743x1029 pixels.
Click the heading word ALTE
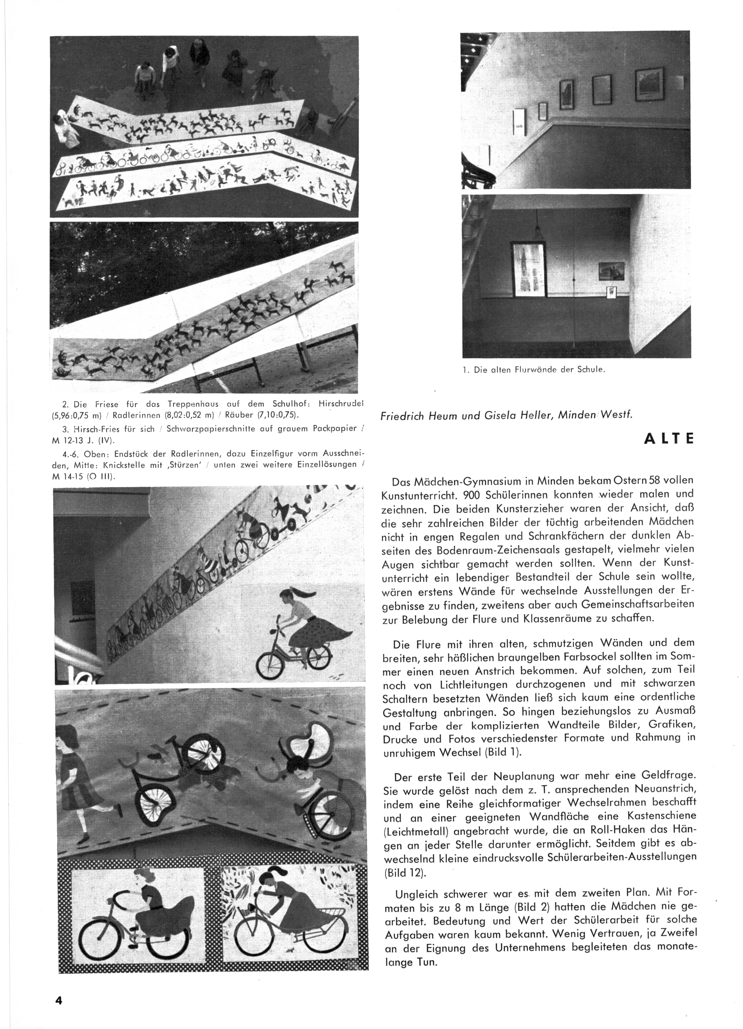pyautogui.click(x=669, y=440)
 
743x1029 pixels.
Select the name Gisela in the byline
pyautogui.click(x=490, y=415)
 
